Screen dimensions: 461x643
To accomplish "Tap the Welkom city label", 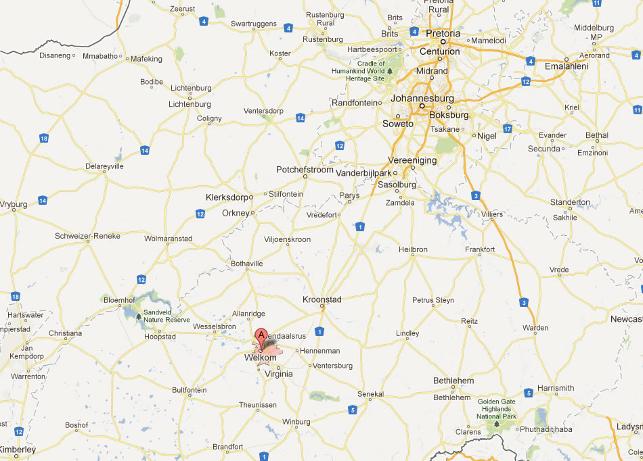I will [261, 358].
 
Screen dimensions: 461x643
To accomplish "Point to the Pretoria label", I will [443, 33].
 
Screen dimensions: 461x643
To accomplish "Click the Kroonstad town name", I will [322, 299].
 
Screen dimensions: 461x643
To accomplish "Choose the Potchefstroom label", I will [305, 170].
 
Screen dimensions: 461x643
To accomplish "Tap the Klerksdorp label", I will [226, 197].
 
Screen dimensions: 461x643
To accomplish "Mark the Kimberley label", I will [18, 450].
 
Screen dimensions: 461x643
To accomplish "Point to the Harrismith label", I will [555, 388].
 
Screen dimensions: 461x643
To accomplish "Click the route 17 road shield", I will [508, 128].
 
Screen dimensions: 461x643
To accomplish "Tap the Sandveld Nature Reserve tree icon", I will [139, 315].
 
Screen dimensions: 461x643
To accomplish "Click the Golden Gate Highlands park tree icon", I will [497, 424].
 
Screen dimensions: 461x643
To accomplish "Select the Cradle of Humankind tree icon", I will [389, 71].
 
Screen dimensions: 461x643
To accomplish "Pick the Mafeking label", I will [146, 59].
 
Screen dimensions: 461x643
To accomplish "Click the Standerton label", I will [570, 202].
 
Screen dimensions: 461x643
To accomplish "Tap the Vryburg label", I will [13, 203].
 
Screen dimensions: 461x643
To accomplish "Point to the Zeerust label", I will [182, 9].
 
